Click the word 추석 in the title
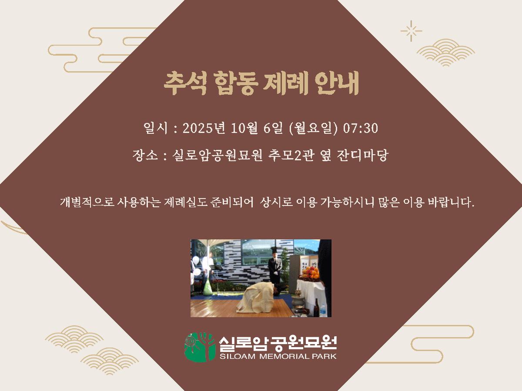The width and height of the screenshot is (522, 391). pos(185,83)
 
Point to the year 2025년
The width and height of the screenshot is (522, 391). pos(204,128)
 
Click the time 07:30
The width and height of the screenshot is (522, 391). pos(360,129)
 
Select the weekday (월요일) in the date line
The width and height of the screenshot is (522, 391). pos(313,129)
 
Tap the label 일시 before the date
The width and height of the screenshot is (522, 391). pos(156,128)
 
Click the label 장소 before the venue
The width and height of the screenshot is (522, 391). pos(145,155)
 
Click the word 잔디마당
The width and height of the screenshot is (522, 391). pos(363,155)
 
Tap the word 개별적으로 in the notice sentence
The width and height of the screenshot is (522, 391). pos(87,202)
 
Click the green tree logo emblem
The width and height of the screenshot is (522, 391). pos(200,347)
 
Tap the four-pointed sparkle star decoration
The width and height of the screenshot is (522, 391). pos(411,31)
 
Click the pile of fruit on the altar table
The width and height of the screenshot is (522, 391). pos(310,273)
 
